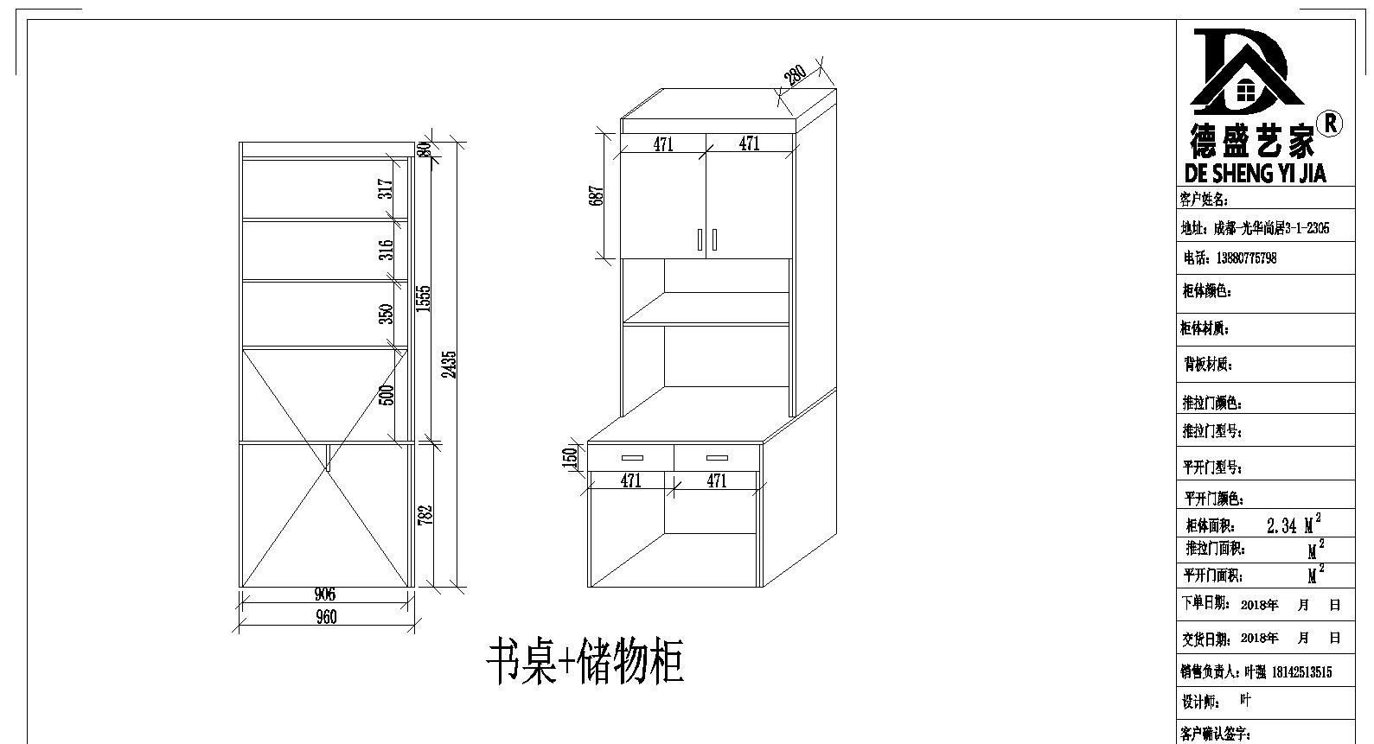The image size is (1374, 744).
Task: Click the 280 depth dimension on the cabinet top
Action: (795, 75)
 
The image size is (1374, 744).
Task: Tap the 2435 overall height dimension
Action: (448, 363)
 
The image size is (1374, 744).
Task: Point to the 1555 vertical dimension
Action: (423, 298)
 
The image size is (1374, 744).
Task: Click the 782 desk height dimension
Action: (424, 513)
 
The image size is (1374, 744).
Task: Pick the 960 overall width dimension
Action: (326, 617)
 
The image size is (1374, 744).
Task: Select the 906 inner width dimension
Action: (325, 594)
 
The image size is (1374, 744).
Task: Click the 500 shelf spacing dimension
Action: (387, 394)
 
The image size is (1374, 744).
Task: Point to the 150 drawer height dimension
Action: (570, 456)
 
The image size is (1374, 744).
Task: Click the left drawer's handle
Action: (631, 458)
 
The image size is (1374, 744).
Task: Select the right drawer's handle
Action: (717, 458)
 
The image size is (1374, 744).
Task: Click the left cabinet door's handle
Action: (700, 239)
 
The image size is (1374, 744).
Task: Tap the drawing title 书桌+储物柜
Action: (585, 663)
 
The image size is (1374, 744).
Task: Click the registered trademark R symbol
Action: (1331, 124)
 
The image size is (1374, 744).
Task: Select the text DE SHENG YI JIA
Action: (1255, 173)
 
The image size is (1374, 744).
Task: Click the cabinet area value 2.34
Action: (1281, 525)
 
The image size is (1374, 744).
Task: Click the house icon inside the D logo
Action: (1247, 90)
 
